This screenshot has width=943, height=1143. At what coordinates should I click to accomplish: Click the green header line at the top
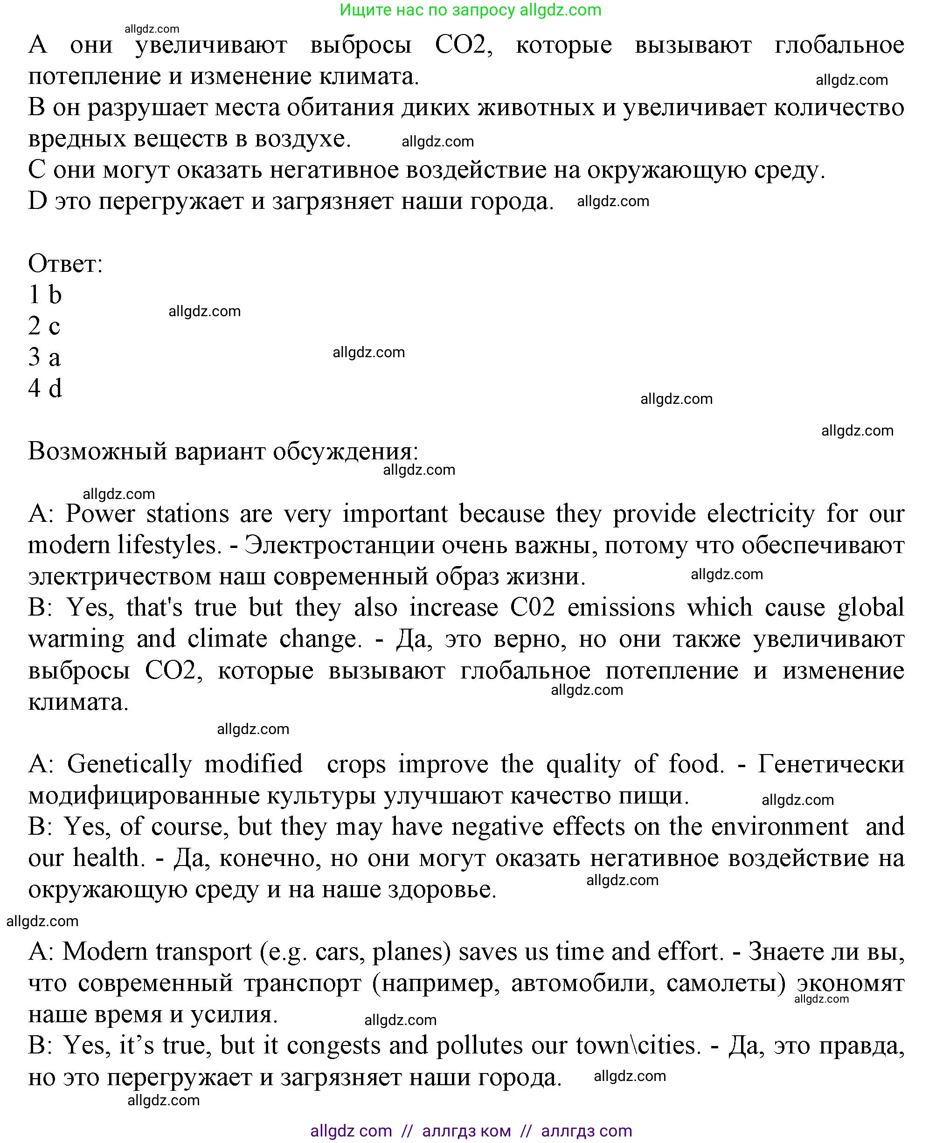[x=471, y=10]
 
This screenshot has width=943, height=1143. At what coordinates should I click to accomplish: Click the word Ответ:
[x=65, y=264]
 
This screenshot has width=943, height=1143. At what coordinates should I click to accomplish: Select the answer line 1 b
[x=45, y=295]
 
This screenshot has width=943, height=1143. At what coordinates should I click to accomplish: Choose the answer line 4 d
[x=45, y=388]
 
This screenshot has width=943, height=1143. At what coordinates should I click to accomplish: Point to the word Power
[x=100, y=514]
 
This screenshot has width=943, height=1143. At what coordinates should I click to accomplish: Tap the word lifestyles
[x=171, y=545]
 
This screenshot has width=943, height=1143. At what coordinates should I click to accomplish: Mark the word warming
[x=76, y=639]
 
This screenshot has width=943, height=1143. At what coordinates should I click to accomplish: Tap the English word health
[x=109, y=859]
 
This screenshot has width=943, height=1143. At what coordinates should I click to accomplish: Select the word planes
[x=412, y=952]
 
